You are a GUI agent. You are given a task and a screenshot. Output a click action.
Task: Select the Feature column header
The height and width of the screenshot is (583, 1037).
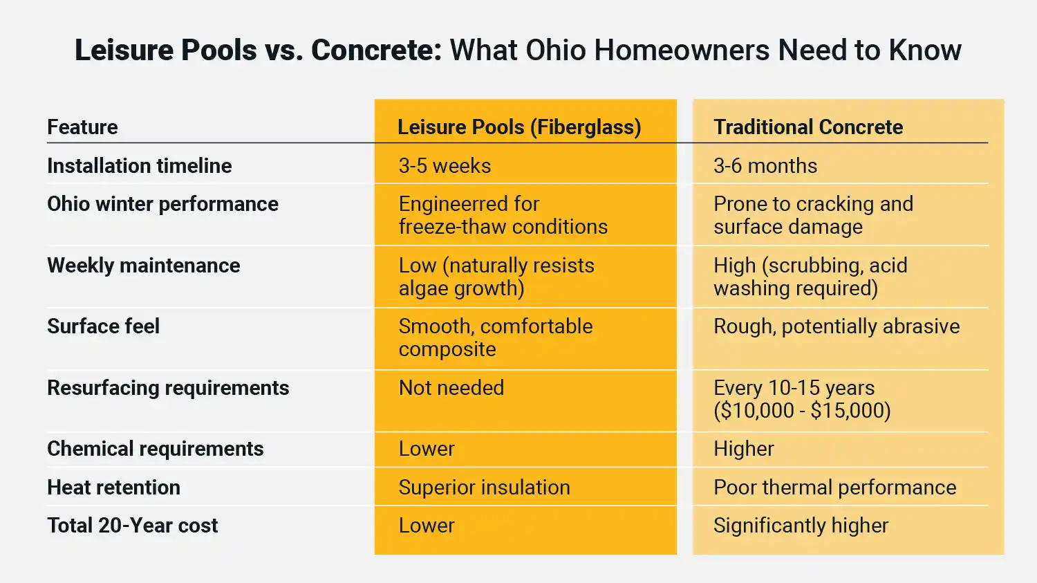click(82, 127)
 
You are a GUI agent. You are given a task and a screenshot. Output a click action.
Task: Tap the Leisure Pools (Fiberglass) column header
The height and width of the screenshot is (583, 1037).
click(519, 127)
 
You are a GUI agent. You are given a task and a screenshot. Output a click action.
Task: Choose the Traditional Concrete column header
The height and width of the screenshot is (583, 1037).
click(808, 127)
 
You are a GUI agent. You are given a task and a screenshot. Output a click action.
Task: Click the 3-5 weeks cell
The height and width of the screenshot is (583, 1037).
click(445, 166)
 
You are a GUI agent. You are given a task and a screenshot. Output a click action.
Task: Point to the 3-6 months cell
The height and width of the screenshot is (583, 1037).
click(765, 166)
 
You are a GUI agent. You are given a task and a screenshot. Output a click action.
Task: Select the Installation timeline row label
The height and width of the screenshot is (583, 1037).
click(140, 166)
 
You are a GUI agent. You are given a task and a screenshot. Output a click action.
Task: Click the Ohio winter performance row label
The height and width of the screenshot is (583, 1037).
click(162, 204)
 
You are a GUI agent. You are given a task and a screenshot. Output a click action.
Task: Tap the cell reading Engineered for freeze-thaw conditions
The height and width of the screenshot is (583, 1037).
click(503, 215)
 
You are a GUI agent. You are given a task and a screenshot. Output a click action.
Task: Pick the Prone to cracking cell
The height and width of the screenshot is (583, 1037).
click(813, 215)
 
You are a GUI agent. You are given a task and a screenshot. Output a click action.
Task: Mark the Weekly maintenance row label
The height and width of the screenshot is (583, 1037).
click(144, 266)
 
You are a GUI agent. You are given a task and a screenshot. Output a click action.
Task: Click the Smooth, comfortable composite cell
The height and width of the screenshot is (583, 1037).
click(496, 337)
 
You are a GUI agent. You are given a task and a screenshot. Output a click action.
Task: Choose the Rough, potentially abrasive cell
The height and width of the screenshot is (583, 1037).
click(837, 326)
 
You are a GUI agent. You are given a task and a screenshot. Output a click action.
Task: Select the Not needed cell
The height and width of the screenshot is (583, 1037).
click(451, 388)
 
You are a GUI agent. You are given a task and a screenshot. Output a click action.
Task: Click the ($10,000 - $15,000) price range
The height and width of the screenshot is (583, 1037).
click(802, 411)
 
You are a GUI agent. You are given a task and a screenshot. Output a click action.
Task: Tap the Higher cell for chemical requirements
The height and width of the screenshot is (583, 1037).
click(744, 449)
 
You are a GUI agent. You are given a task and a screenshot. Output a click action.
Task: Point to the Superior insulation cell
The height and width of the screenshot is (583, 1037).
click(485, 488)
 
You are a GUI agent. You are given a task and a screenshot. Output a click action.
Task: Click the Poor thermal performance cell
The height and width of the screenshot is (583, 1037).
click(835, 488)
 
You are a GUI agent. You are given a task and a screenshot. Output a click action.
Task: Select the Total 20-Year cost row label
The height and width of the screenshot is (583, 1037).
click(133, 526)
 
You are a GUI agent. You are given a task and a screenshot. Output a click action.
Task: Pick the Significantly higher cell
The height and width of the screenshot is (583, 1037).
click(801, 526)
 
